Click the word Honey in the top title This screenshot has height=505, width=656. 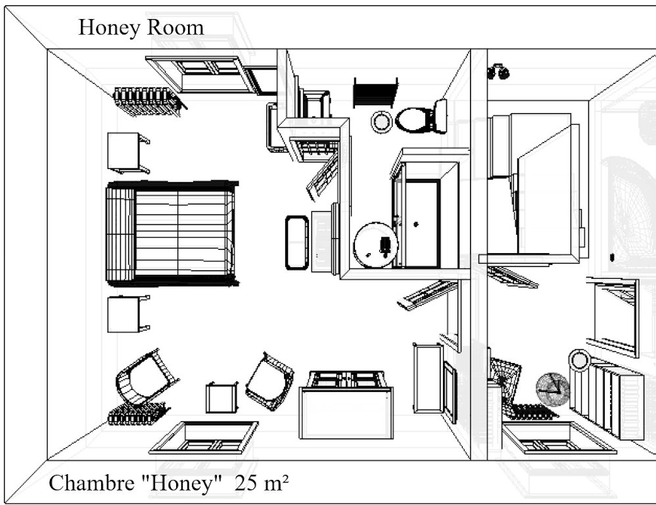coord(109,28)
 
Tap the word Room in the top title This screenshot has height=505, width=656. coord(176,28)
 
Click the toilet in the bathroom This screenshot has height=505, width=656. coord(421,117)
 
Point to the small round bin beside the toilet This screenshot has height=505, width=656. coord(381,122)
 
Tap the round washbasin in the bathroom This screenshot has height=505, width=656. coord(375,245)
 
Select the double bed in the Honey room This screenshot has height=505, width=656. coord(172,233)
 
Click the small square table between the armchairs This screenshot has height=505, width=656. coord(222,398)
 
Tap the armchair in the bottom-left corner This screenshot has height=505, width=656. coord(147,377)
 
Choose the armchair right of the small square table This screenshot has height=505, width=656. coord(269,381)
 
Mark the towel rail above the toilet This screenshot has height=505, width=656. coord(375,93)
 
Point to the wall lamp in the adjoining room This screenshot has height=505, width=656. coord(498,72)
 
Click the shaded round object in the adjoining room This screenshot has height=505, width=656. coord(553,389)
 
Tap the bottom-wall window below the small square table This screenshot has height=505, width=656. coord(204,438)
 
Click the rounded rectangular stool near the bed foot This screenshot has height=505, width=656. coord(297,243)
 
